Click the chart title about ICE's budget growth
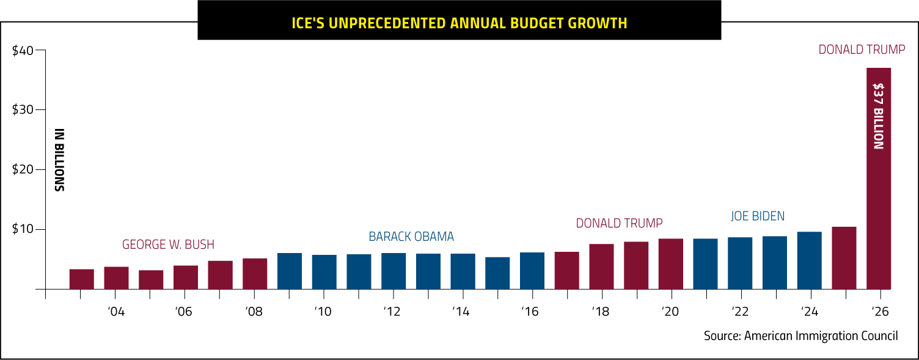[459, 23]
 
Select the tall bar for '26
[879, 178]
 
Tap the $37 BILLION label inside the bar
[879, 116]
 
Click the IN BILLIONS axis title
[59, 160]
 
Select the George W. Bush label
[168, 244]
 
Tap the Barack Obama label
[411, 237]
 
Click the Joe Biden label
[757, 216]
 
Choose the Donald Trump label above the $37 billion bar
[862, 50]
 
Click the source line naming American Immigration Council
[800, 336]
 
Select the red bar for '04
[116, 278]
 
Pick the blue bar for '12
[394, 271]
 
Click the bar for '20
[671, 264]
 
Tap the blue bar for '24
[810, 260]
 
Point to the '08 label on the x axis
[254, 312]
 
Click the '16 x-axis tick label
[530, 312]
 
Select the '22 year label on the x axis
[740, 312]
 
